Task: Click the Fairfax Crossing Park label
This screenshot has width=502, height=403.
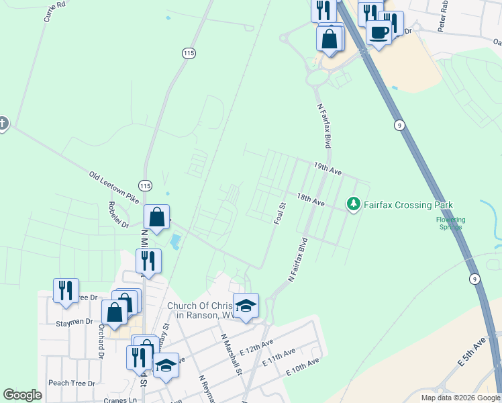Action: coord(408,205)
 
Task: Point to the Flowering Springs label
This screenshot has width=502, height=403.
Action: coord(450,223)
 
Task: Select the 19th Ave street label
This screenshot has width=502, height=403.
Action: coord(328,168)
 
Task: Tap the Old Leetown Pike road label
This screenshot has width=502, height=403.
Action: coord(113,187)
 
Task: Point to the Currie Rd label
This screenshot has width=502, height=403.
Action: coord(55,11)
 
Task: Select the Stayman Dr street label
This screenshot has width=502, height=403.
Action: coord(74,322)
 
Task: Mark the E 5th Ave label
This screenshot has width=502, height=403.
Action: coord(471,353)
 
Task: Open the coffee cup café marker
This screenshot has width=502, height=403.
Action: coord(379,32)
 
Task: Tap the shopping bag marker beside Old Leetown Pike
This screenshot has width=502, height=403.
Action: coord(156,218)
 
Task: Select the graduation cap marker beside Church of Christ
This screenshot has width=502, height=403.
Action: coord(246,306)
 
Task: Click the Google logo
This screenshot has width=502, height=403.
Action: coord(22,395)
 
